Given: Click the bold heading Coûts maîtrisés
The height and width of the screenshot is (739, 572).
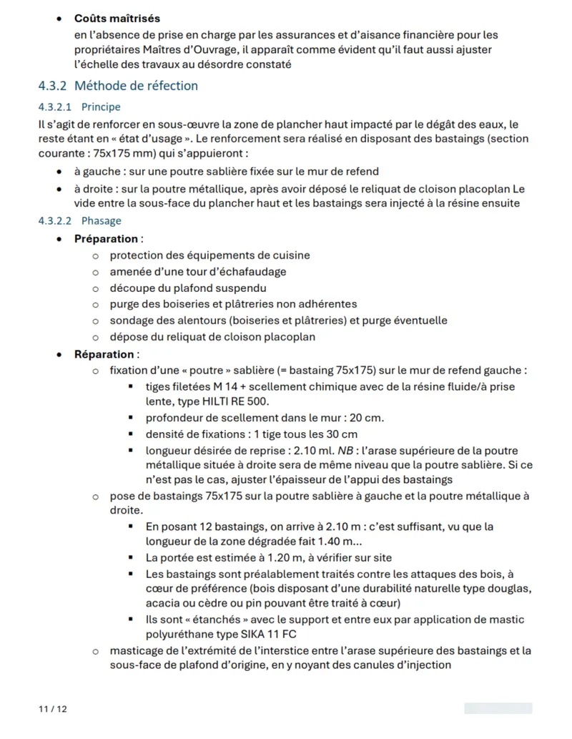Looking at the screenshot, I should [x=117, y=18].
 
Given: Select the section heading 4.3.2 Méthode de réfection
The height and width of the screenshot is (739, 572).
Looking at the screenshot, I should [x=118, y=86].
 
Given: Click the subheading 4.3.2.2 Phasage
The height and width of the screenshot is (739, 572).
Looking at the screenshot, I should [x=79, y=221].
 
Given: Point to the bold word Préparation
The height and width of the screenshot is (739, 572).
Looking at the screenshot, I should [x=106, y=239].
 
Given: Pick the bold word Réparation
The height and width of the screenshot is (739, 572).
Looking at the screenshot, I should [x=104, y=354].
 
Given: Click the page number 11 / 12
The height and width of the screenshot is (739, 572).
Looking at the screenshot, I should [x=52, y=709].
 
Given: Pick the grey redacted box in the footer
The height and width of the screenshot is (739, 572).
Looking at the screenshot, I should [x=498, y=709].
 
